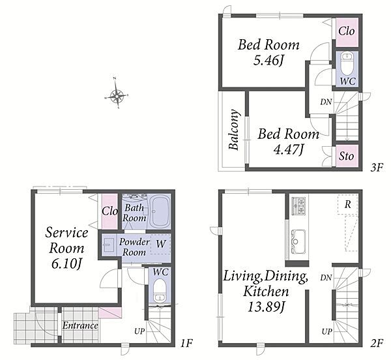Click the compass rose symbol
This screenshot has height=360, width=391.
[117, 95]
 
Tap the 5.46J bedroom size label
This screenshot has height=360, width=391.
[268, 61]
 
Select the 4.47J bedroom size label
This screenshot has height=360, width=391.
[289, 150]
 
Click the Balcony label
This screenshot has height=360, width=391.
[235, 130]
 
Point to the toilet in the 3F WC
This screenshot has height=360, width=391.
[347, 64]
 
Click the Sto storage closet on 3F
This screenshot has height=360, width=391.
[347, 156]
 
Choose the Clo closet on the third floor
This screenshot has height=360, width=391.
[347, 32]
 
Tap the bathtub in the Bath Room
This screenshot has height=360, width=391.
[161, 211]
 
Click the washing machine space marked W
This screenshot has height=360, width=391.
[160, 245]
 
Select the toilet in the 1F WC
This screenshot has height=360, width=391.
[160, 290]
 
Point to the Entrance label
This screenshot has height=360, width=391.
[80, 325]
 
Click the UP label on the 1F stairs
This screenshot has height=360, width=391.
[139, 331]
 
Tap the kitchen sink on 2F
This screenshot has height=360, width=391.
[298, 241]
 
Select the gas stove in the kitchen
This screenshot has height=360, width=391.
[298, 206]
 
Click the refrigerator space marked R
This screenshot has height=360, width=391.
[347, 205]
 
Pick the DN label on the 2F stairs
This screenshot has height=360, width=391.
[326, 277]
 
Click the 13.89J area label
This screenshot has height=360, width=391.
[266, 307]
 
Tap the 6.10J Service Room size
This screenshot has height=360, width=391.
[67, 264]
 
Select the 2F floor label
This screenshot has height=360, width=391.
[377, 344]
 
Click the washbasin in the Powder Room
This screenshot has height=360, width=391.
[109, 245]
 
